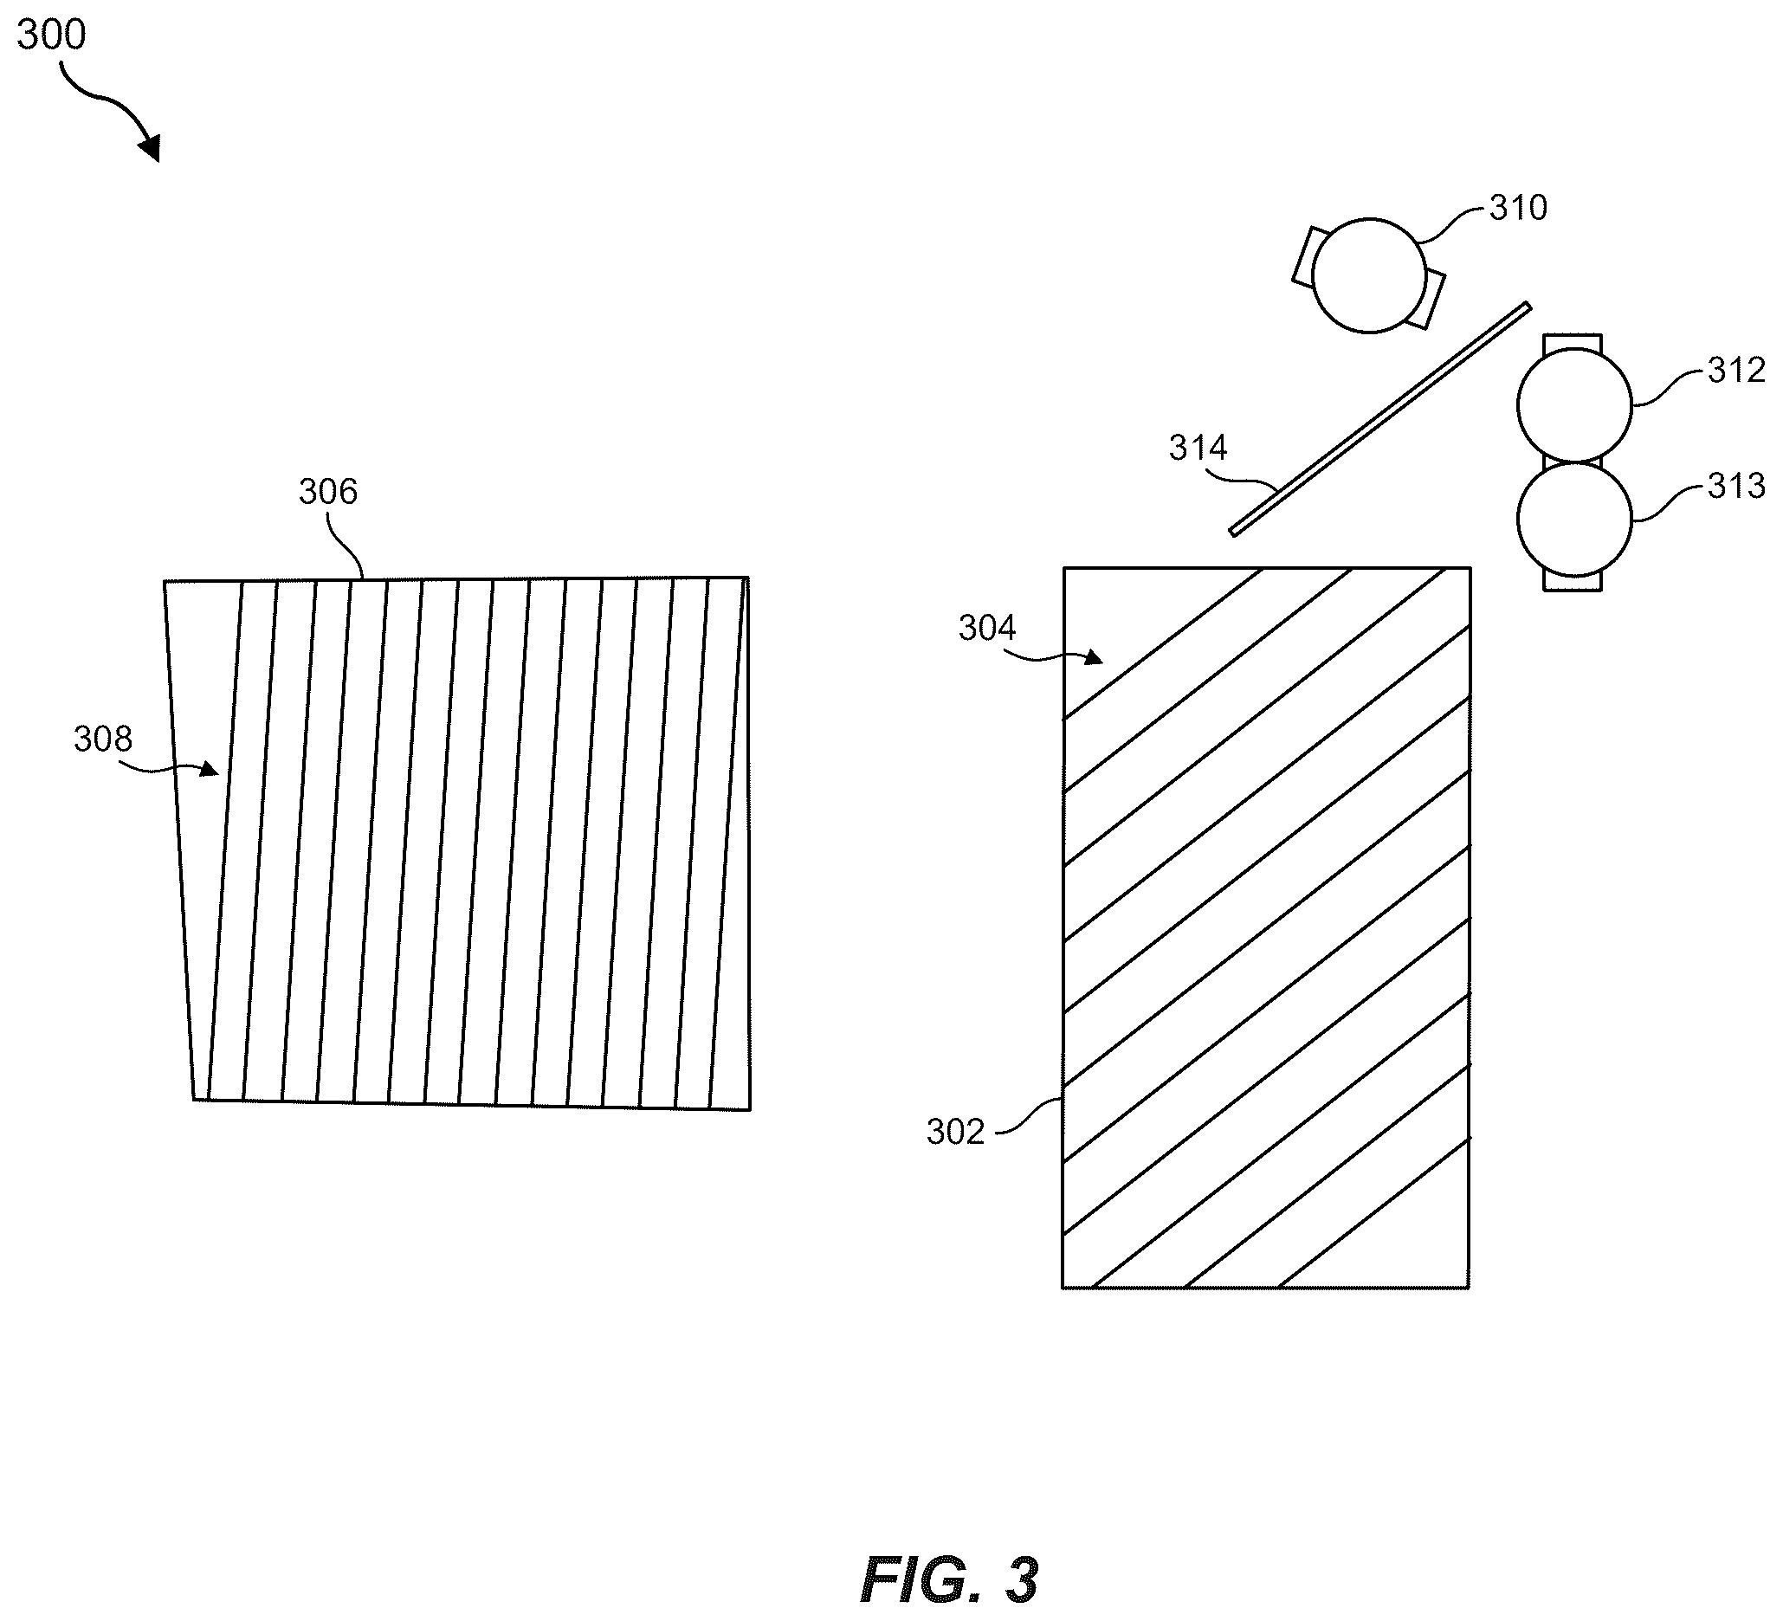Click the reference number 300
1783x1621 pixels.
[51, 35]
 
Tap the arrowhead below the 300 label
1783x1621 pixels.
[151, 148]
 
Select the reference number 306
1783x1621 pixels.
[328, 492]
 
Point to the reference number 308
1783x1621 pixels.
[102, 739]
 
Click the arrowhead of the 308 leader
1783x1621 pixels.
[209, 768]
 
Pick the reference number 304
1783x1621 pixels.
[987, 628]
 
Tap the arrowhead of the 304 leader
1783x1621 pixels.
[1093, 656]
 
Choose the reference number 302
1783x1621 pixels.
[955, 1132]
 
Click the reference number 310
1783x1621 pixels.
[1519, 207]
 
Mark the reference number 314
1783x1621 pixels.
[1198, 448]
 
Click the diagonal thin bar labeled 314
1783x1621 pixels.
[1379, 419]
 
